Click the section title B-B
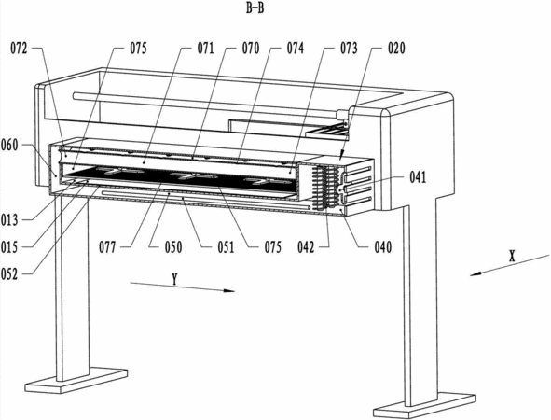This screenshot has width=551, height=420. (255, 7)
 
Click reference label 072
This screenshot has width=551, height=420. (19, 49)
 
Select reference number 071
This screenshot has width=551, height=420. (205, 49)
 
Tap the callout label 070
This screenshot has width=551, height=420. (251, 49)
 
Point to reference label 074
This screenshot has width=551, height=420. (296, 49)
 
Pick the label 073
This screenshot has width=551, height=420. (349, 49)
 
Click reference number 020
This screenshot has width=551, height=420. (396, 49)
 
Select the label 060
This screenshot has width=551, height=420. (9, 145)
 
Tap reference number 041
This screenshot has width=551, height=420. (418, 177)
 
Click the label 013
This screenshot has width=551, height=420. (9, 220)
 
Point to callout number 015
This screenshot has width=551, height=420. (9, 247)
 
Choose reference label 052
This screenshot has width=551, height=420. (9, 274)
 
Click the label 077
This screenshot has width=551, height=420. (107, 247)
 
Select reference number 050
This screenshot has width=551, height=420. (173, 247)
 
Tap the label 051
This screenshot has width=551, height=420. (226, 247)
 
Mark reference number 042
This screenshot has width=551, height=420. (306, 247)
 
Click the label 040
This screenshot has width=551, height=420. (382, 247)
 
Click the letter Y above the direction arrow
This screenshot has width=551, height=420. (174, 279)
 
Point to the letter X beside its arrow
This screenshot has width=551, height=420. (512, 257)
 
